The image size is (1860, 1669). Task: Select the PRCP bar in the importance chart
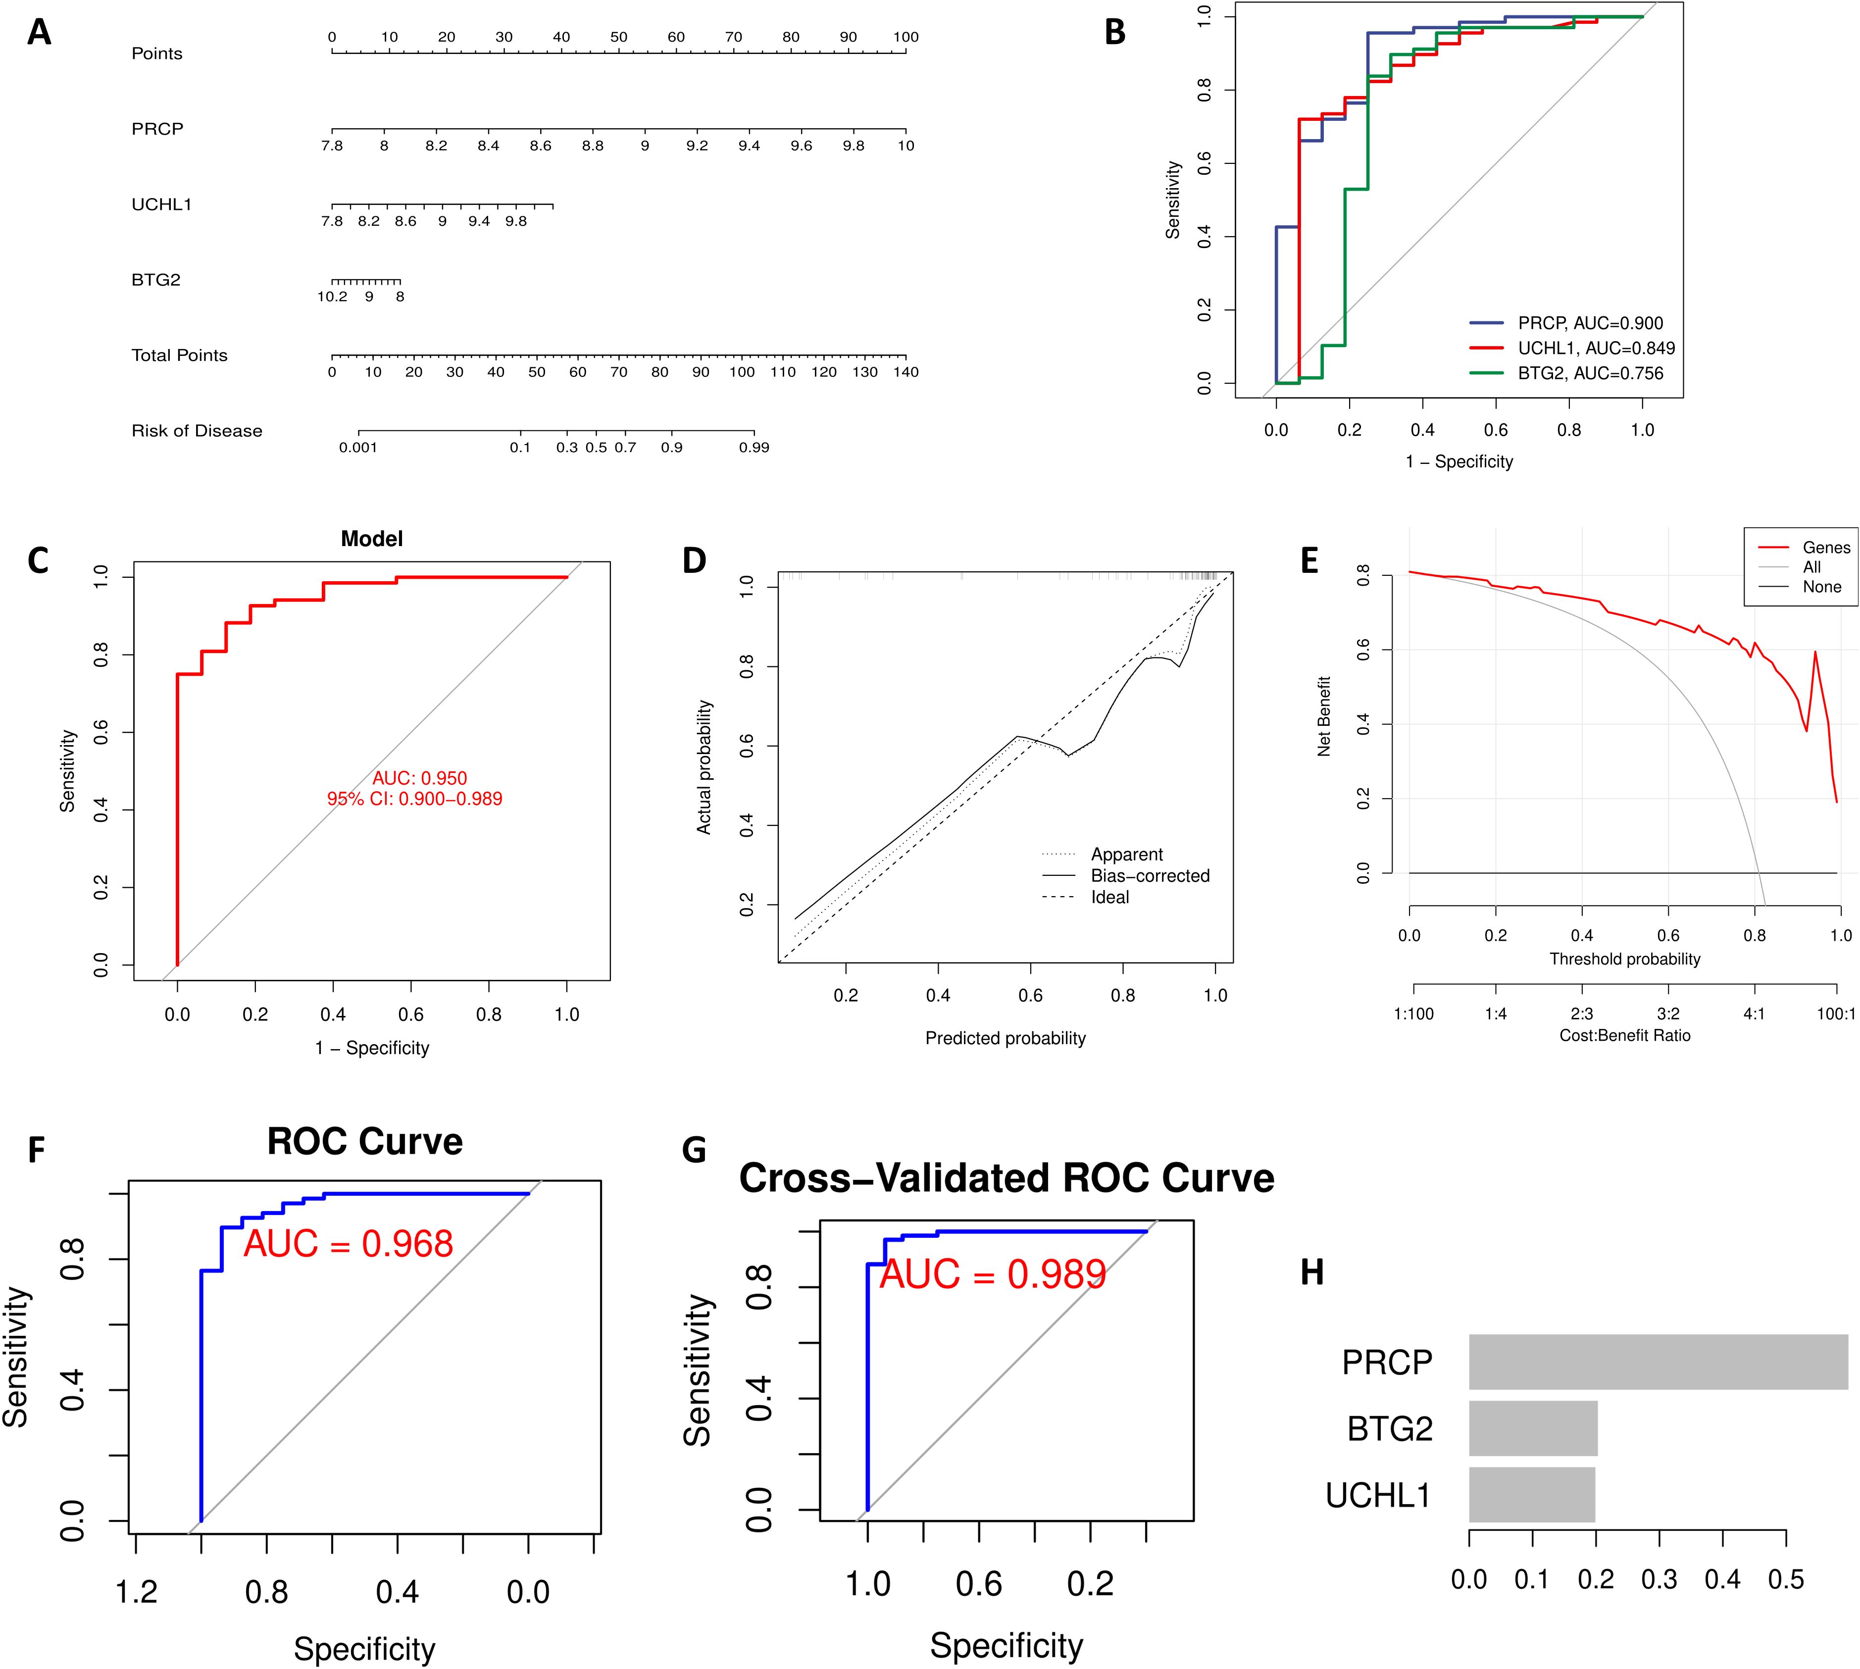coord(1658,1362)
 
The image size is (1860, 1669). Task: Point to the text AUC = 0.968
coord(349,1244)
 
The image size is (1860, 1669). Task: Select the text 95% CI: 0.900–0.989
coord(414,799)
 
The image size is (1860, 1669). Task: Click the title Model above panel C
coord(371,539)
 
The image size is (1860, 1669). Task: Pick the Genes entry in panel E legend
coord(1826,548)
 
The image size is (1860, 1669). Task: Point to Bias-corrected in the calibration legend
coord(1149,876)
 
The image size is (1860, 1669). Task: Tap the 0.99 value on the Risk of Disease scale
coord(754,448)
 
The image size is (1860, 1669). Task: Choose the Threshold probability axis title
coord(1624,959)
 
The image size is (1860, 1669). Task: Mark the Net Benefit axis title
coord(1323,716)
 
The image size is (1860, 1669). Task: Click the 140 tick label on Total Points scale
coord(905,372)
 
